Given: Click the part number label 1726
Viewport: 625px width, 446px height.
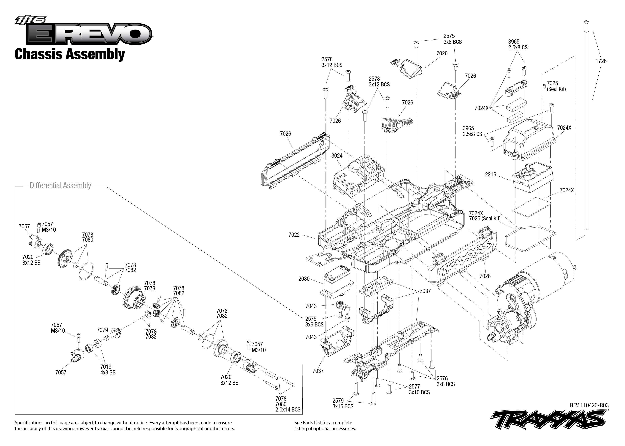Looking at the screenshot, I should click(601, 61).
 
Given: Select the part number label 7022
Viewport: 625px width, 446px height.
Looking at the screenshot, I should click(294, 235).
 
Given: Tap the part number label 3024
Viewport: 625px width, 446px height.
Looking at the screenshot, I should click(337, 156).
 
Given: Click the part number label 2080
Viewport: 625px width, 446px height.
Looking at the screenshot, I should click(304, 279).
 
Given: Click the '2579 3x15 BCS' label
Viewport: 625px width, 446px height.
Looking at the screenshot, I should click(342, 403).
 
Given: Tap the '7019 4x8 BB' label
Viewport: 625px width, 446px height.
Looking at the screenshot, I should click(108, 370).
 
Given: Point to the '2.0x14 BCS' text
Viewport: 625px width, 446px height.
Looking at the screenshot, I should click(288, 410).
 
